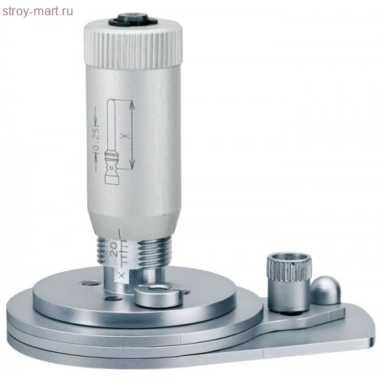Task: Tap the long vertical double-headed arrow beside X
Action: pos(131,138)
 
